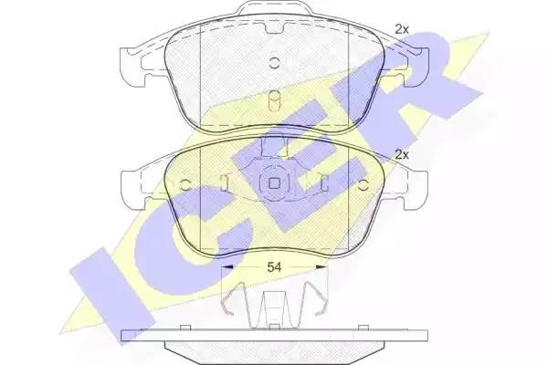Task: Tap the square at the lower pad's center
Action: click(274, 183)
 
